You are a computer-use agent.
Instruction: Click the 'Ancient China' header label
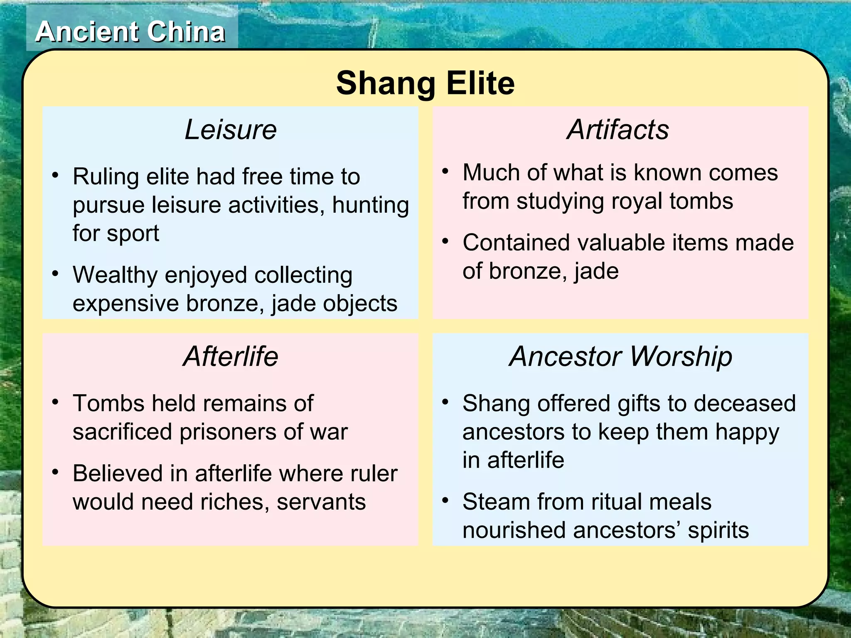pyautogui.click(x=130, y=32)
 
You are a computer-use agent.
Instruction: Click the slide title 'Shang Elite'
pyautogui.click(x=425, y=83)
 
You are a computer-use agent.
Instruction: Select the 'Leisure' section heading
pyautogui.click(x=231, y=130)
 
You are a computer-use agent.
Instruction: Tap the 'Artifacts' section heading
pyautogui.click(x=618, y=130)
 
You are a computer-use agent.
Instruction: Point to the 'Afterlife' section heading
pyautogui.click(x=231, y=356)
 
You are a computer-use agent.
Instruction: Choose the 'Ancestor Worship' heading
pyautogui.click(x=621, y=356)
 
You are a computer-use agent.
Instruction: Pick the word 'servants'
pyautogui.click(x=321, y=502)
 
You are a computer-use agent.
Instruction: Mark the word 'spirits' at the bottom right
pyautogui.click(x=718, y=530)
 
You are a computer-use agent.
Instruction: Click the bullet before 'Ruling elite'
pyautogui.click(x=55, y=175)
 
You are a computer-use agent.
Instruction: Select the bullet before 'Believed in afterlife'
pyautogui.click(x=55, y=472)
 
